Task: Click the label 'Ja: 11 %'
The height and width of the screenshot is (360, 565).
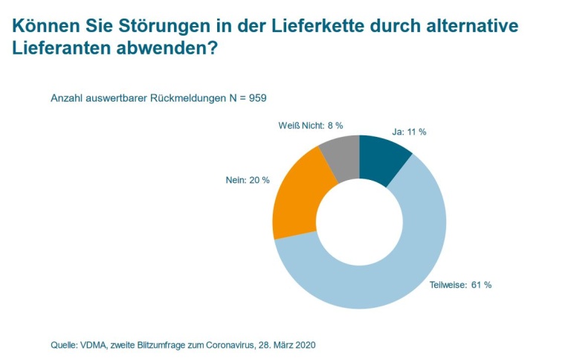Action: [x=410, y=132]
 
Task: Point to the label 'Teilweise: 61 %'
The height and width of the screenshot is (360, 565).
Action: [x=460, y=285]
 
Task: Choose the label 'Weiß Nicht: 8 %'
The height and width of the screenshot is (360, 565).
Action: [x=310, y=126]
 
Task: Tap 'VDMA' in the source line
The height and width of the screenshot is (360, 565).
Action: [x=97, y=345]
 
